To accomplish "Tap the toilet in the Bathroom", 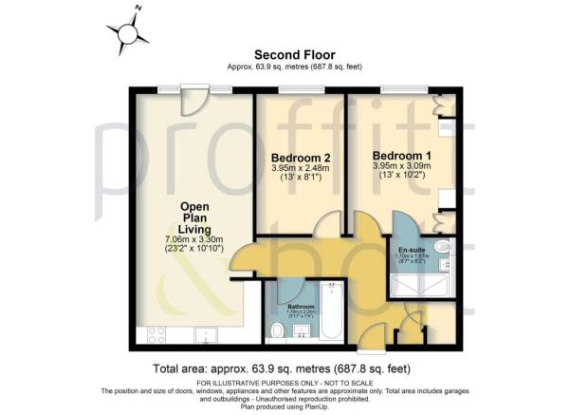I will (x=276, y=330).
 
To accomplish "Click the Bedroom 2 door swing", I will (x=325, y=225).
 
